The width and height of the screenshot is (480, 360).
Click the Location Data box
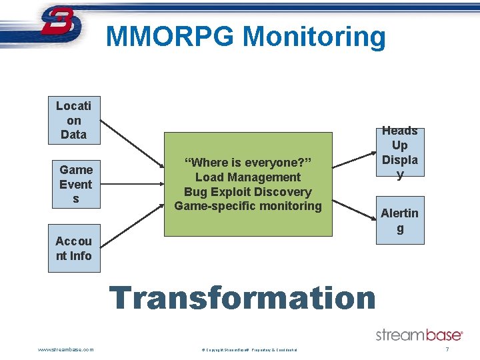click(x=73, y=120)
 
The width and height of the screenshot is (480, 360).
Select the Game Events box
click(x=75, y=184)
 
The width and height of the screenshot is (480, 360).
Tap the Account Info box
click(x=74, y=248)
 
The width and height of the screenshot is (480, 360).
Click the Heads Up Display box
click(x=399, y=153)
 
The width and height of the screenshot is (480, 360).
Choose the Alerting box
click(x=399, y=220)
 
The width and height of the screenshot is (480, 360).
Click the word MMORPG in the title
click(x=170, y=36)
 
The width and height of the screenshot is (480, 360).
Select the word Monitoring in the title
click(x=314, y=37)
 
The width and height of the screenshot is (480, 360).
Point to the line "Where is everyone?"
click(x=248, y=163)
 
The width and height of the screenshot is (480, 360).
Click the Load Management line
click(x=248, y=177)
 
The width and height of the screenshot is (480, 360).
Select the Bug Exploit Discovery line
click(x=248, y=192)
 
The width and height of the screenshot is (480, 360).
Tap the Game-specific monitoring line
click(x=248, y=206)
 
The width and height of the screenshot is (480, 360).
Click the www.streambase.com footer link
click(x=66, y=349)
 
